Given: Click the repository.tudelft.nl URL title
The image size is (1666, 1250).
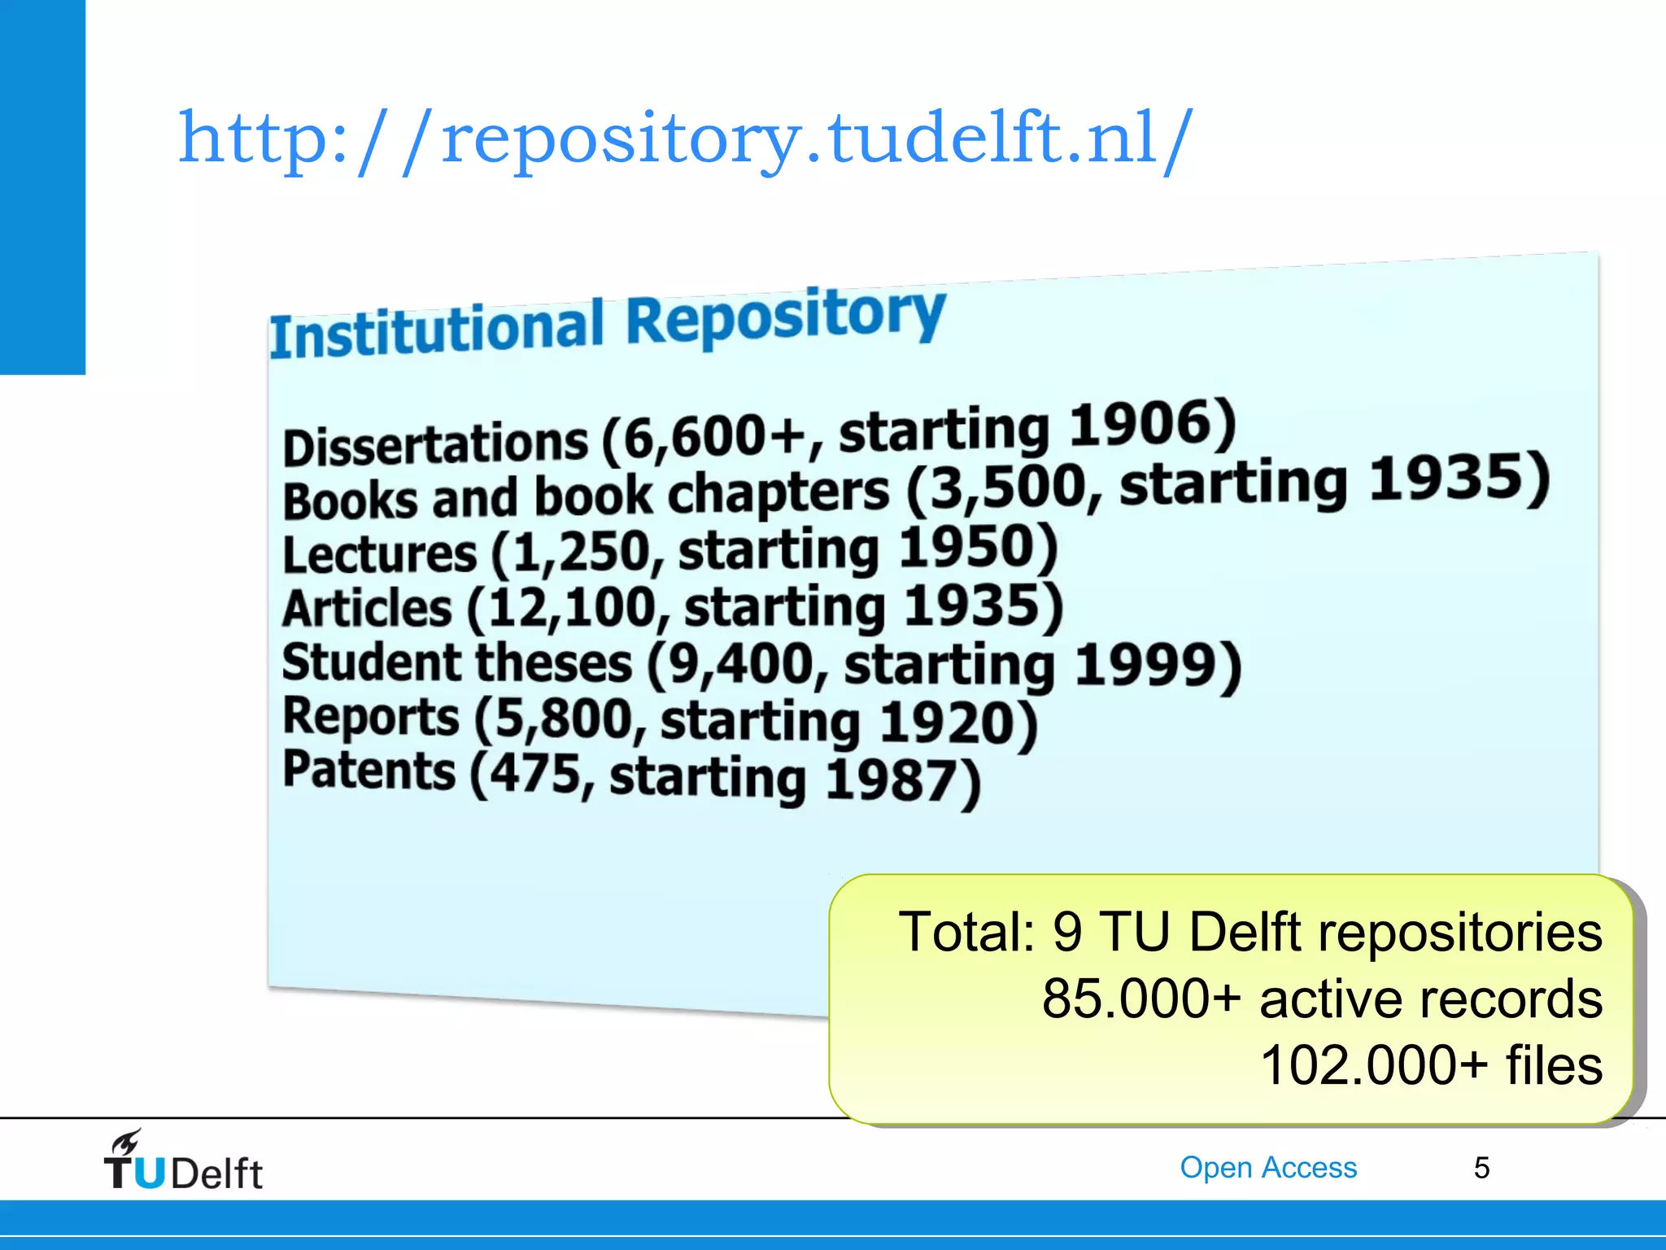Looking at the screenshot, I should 686,138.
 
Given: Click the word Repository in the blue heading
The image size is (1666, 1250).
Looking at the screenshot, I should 785,317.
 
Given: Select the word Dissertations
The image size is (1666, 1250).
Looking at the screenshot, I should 435,444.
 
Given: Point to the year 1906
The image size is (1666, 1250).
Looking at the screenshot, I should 1151,425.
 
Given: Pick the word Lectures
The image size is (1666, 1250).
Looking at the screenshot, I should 379,555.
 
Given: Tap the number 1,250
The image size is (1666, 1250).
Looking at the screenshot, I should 582,551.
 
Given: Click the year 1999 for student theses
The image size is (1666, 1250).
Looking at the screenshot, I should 1156,666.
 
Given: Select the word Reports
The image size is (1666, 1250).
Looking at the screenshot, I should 370,718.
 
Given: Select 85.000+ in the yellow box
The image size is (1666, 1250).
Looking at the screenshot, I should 1141,999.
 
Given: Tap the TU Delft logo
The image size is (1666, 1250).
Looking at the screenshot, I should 182,1161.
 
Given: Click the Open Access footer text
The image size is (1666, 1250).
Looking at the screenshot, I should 1268,1168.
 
